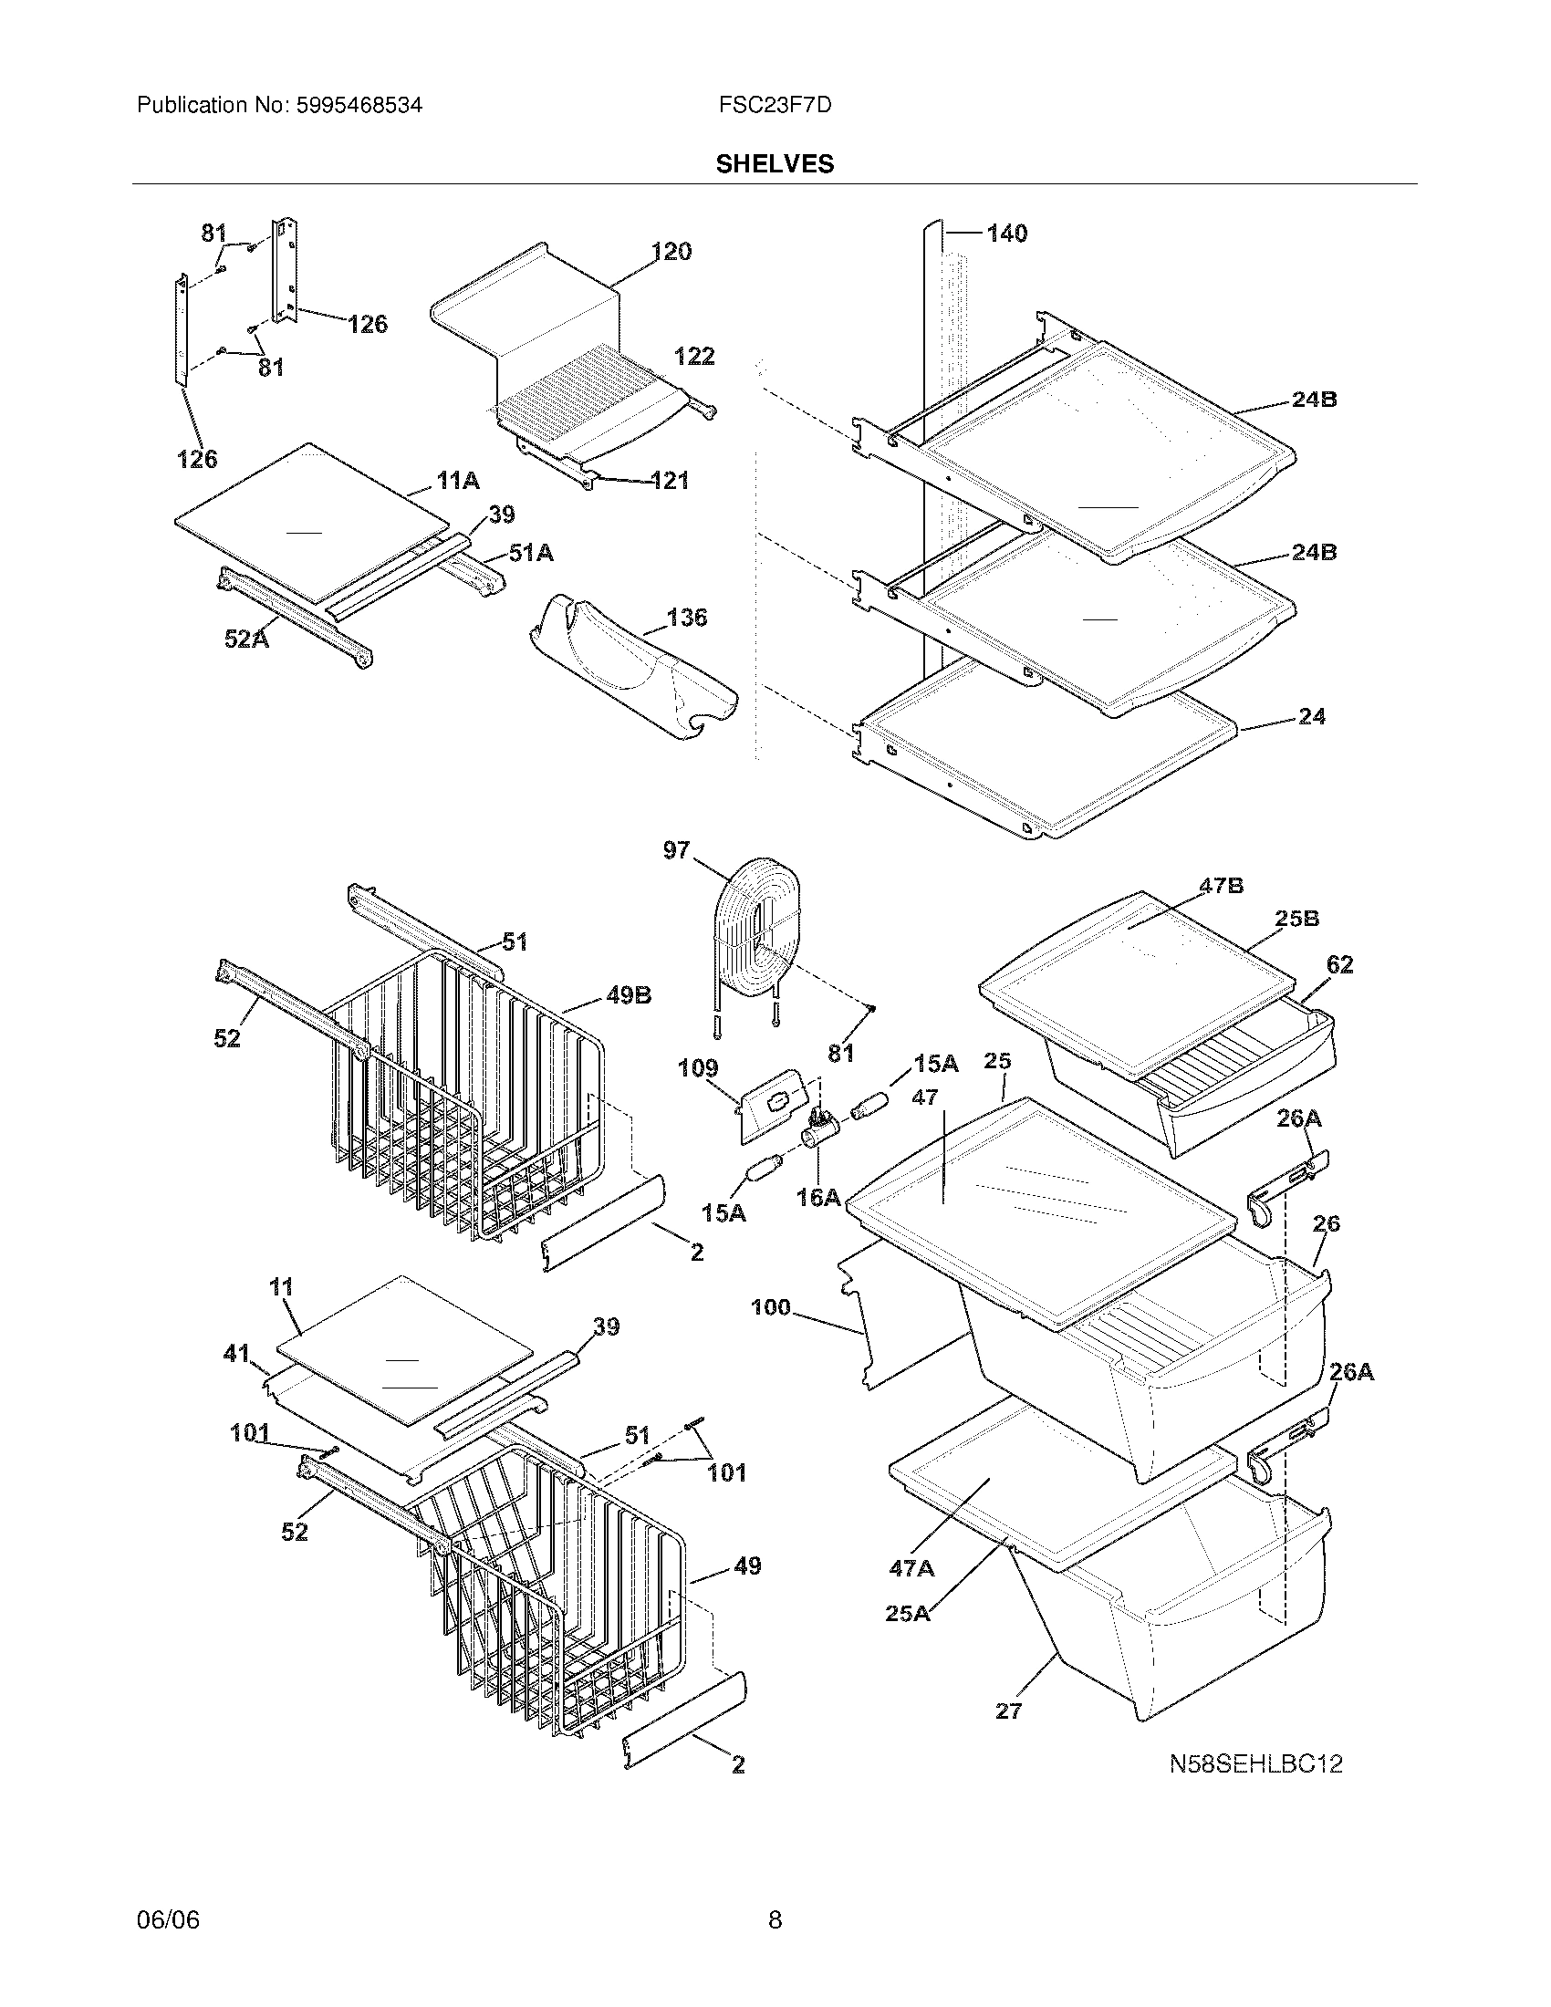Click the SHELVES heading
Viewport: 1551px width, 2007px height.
click(775, 163)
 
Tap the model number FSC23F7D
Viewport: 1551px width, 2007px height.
click(775, 105)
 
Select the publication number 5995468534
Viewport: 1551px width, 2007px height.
click(359, 105)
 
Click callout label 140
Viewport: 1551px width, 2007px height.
click(1006, 234)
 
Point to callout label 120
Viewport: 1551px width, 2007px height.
click(671, 252)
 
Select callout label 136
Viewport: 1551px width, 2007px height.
click(686, 617)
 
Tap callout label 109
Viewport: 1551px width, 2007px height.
click(698, 1069)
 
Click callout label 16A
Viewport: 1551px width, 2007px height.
click(818, 1197)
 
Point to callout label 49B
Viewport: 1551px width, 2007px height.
click(629, 995)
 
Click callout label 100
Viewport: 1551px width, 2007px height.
click(770, 1306)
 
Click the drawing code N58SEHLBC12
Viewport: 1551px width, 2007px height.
click(1255, 1763)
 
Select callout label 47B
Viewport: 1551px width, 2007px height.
click(1221, 886)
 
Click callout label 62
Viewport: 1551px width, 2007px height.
click(1339, 964)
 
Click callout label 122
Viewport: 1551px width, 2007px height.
click(693, 357)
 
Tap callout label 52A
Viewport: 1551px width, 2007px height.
click(246, 639)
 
